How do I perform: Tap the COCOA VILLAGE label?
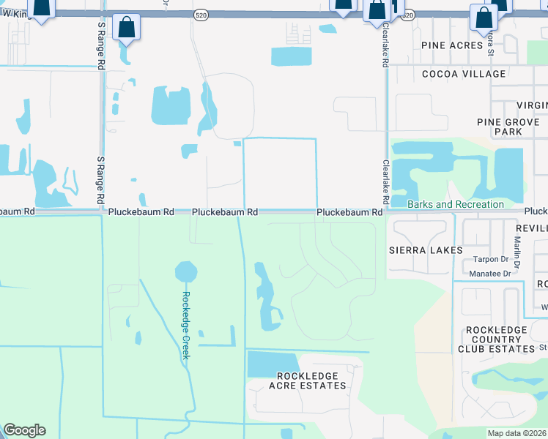[x=464, y=74]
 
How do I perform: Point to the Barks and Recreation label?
[x=455, y=204]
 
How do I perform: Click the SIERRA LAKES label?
[x=426, y=250]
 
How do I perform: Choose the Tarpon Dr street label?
[x=491, y=259]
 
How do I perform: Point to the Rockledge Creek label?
[x=186, y=325]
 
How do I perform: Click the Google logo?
[x=24, y=430]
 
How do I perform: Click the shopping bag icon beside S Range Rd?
[x=127, y=28]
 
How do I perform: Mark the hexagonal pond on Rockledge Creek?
[x=186, y=272]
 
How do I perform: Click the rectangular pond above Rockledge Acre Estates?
[x=273, y=364]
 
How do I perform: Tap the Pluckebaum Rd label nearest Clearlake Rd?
[x=350, y=212]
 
